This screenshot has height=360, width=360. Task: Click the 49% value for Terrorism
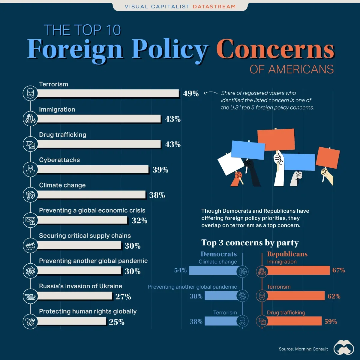pos(191,94)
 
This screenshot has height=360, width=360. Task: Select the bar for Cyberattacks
pos(93,169)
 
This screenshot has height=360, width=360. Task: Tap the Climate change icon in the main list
pos(30,195)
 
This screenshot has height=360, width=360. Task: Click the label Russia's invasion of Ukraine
pos(80,286)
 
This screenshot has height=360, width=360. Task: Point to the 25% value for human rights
pos(117,322)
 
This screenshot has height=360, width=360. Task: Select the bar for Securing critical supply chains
pos(79,245)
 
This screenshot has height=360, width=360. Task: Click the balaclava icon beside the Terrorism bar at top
pos(30,94)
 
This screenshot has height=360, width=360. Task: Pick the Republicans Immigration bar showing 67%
pos(298,271)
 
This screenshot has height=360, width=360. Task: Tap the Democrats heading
pos(219,254)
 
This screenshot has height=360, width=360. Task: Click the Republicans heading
pos(287,254)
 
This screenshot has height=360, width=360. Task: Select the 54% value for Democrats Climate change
pos(180,270)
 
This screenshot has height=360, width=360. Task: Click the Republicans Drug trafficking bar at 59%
pos(294,321)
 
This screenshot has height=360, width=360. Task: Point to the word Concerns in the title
pos(275,49)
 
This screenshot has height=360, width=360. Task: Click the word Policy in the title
pos(170,49)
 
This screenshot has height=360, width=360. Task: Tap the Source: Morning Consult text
pos(303,349)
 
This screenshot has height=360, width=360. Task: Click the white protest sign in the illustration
pos(230,164)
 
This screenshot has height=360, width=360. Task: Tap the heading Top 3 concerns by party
pos(250,242)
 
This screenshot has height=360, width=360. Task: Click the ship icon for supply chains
pos(30,245)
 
